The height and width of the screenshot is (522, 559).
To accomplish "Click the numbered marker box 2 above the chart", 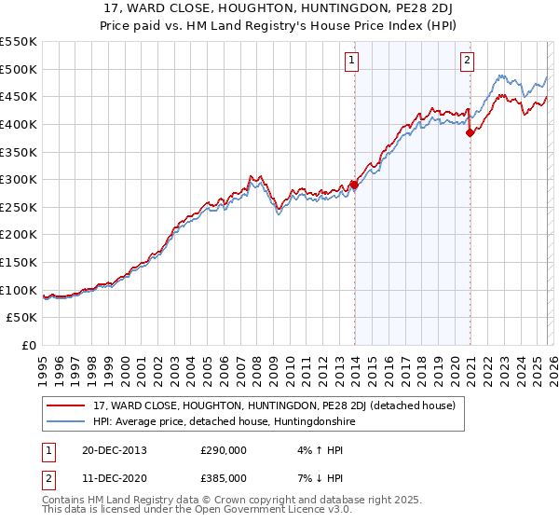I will pyautogui.click(x=467, y=62).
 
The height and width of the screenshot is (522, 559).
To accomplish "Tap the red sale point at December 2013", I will pyautogui.click(x=354, y=185).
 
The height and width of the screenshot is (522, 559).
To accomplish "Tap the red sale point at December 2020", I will pyautogui.click(x=470, y=132).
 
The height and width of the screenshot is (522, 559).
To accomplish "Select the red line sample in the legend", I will pyautogui.click(x=65, y=405).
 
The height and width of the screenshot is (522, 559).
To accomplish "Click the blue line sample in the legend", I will pyautogui.click(x=65, y=422).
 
